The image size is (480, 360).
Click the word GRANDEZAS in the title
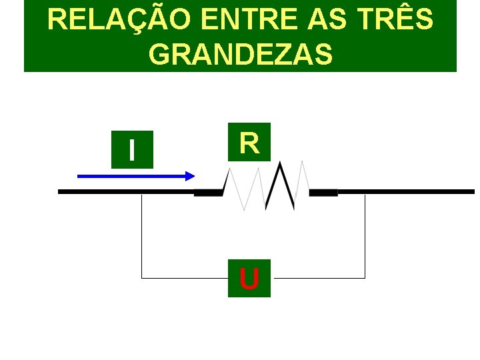241,55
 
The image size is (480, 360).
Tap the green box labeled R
249,142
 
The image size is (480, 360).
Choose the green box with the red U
249,278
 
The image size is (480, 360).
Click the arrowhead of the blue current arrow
189,176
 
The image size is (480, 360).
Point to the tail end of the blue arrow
81,176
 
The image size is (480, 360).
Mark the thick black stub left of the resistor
208,193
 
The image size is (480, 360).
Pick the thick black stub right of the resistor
324,193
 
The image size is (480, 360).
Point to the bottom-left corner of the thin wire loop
142,277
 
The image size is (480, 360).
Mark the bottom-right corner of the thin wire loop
365,277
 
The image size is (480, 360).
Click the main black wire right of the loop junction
420,191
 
